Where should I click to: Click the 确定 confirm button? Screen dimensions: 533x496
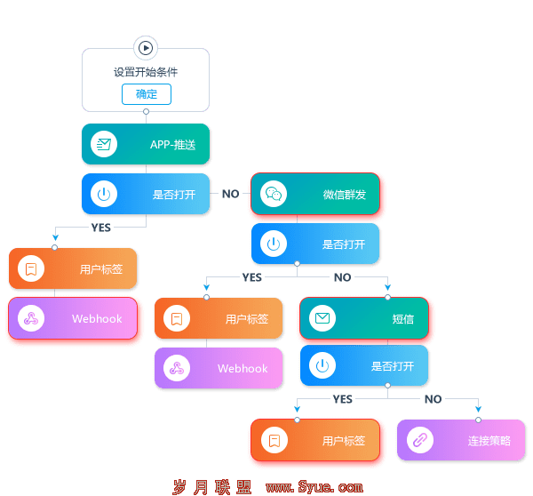(x=147, y=94)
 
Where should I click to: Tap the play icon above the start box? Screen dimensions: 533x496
(x=146, y=48)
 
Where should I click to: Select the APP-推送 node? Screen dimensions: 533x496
(x=146, y=144)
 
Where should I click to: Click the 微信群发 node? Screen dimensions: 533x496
(x=315, y=194)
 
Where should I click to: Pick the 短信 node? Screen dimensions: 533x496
(x=364, y=318)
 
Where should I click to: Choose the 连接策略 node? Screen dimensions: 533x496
(x=461, y=440)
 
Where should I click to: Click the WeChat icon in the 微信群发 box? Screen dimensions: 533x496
(x=274, y=194)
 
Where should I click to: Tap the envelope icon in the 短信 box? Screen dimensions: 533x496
(x=322, y=318)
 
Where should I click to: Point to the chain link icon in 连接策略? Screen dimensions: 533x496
(x=420, y=440)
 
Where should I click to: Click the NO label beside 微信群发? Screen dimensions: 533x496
(x=231, y=194)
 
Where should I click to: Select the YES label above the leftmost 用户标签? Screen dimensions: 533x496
(x=101, y=228)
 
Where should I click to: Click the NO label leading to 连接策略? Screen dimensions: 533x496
(x=434, y=399)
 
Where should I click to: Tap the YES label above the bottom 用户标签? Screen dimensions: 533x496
(x=343, y=399)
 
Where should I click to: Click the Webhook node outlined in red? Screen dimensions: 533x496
(x=73, y=318)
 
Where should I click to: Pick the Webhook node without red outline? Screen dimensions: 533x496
(x=219, y=368)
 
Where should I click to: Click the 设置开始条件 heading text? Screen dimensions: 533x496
(x=146, y=72)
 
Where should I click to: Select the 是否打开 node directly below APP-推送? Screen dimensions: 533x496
(x=146, y=194)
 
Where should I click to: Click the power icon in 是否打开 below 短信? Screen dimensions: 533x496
(x=322, y=366)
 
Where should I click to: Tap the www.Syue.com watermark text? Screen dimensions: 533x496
(x=314, y=487)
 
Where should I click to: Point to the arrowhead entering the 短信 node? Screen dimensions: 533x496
(x=388, y=287)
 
